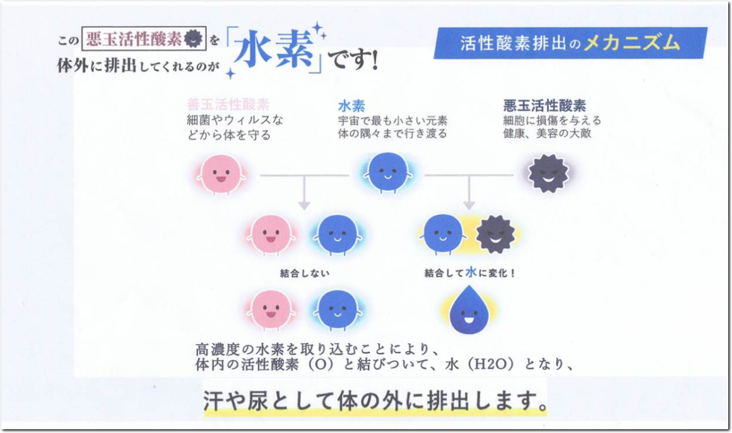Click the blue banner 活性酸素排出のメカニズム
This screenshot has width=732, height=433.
[x=569, y=43]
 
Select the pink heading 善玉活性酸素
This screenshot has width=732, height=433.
[x=228, y=105]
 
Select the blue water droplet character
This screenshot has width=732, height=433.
[x=468, y=310]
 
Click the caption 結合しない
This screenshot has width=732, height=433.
[x=305, y=274]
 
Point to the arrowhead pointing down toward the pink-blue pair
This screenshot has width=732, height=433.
[x=304, y=204]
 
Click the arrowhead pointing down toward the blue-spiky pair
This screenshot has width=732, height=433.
[x=468, y=204]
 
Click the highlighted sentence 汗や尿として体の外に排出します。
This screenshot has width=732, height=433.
[x=375, y=400]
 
